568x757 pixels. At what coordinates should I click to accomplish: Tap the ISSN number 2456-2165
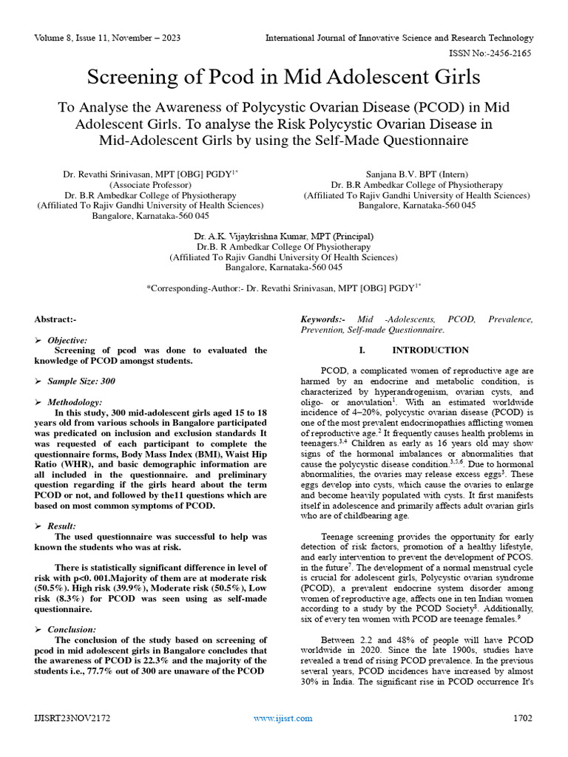(x=511, y=53)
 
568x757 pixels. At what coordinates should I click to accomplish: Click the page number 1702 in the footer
(x=523, y=718)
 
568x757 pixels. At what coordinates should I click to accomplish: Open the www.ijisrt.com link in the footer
(x=283, y=718)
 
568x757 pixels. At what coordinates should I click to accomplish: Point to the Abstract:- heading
(x=55, y=319)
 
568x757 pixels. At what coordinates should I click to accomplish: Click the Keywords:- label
(x=322, y=319)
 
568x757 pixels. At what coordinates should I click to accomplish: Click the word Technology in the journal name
(x=510, y=38)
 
